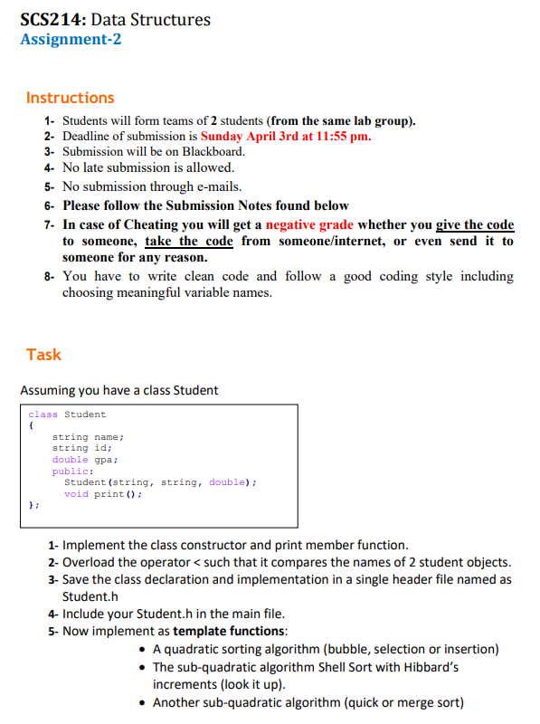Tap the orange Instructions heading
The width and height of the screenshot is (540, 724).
coord(71,97)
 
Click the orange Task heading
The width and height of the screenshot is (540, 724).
coord(44,354)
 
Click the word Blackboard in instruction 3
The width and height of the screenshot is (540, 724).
coord(213,151)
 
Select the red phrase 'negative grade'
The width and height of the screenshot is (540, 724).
coord(310,224)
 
